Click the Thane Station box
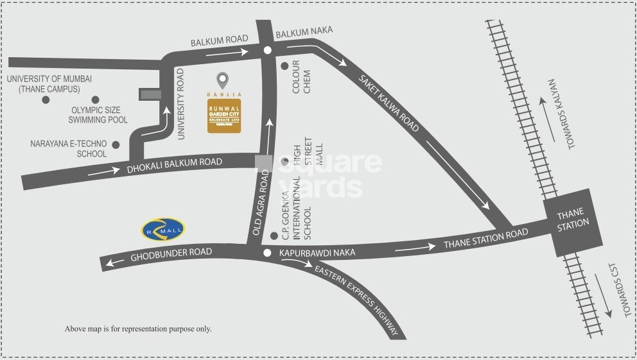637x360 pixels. click(x=573, y=218)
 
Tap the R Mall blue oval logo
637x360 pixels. click(x=163, y=229)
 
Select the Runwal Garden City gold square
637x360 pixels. click(x=224, y=116)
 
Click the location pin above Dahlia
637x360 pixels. click(x=222, y=80)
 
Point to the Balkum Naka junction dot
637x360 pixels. click(x=268, y=50)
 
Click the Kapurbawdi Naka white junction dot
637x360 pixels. click(x=266, y=253)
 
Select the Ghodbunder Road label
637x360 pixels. click(x=171, y=253)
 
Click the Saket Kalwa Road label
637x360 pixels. click(x=389, y=105)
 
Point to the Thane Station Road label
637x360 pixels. click(x=485, y=238)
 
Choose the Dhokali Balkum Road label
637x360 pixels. click(x=174, y=165)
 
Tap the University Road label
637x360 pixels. click(x=181, y=103)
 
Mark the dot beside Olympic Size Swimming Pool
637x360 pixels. click(x=95, y=99)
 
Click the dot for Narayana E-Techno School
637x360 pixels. click(x=116, y=144)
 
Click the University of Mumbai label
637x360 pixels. click(x=49, y=83)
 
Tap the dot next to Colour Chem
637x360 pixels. click(x=284, y=65)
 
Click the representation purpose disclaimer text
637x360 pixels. click(x=138, y=329)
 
